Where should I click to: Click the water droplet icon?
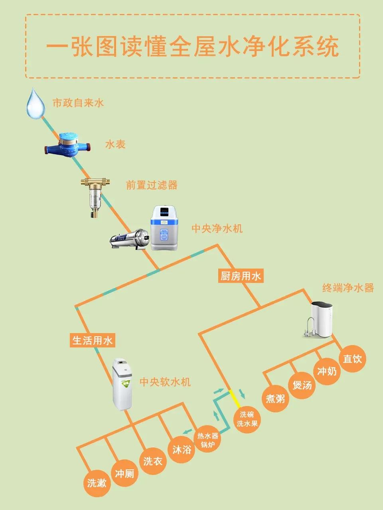pyautogui.click(x=36, y=104)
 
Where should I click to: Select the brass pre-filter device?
pyautogui.click(x=95, y=197)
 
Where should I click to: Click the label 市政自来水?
pyautogui.click(x=78, y=103)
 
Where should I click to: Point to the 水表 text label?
pyautogui.click(x=115, y=145)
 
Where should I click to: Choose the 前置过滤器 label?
pyautogui.click(x=152, y=185)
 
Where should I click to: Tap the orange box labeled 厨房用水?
pyautogui.click(x=241, y=276)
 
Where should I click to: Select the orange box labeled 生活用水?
pyautogui.click(x=93, y=340)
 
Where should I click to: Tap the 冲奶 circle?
pyautogui.click(x=327, y=371)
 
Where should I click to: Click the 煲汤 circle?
pyautogui.click(x=302, y=385)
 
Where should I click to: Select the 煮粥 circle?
pyautogui.click(x=275, y=398)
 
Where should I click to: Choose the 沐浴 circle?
pyautogui.click(x=182, y=450)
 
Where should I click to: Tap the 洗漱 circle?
pyautogui.click(x=97, y=483)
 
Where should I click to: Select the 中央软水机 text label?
pyautogui.click(x=165, y=382)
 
